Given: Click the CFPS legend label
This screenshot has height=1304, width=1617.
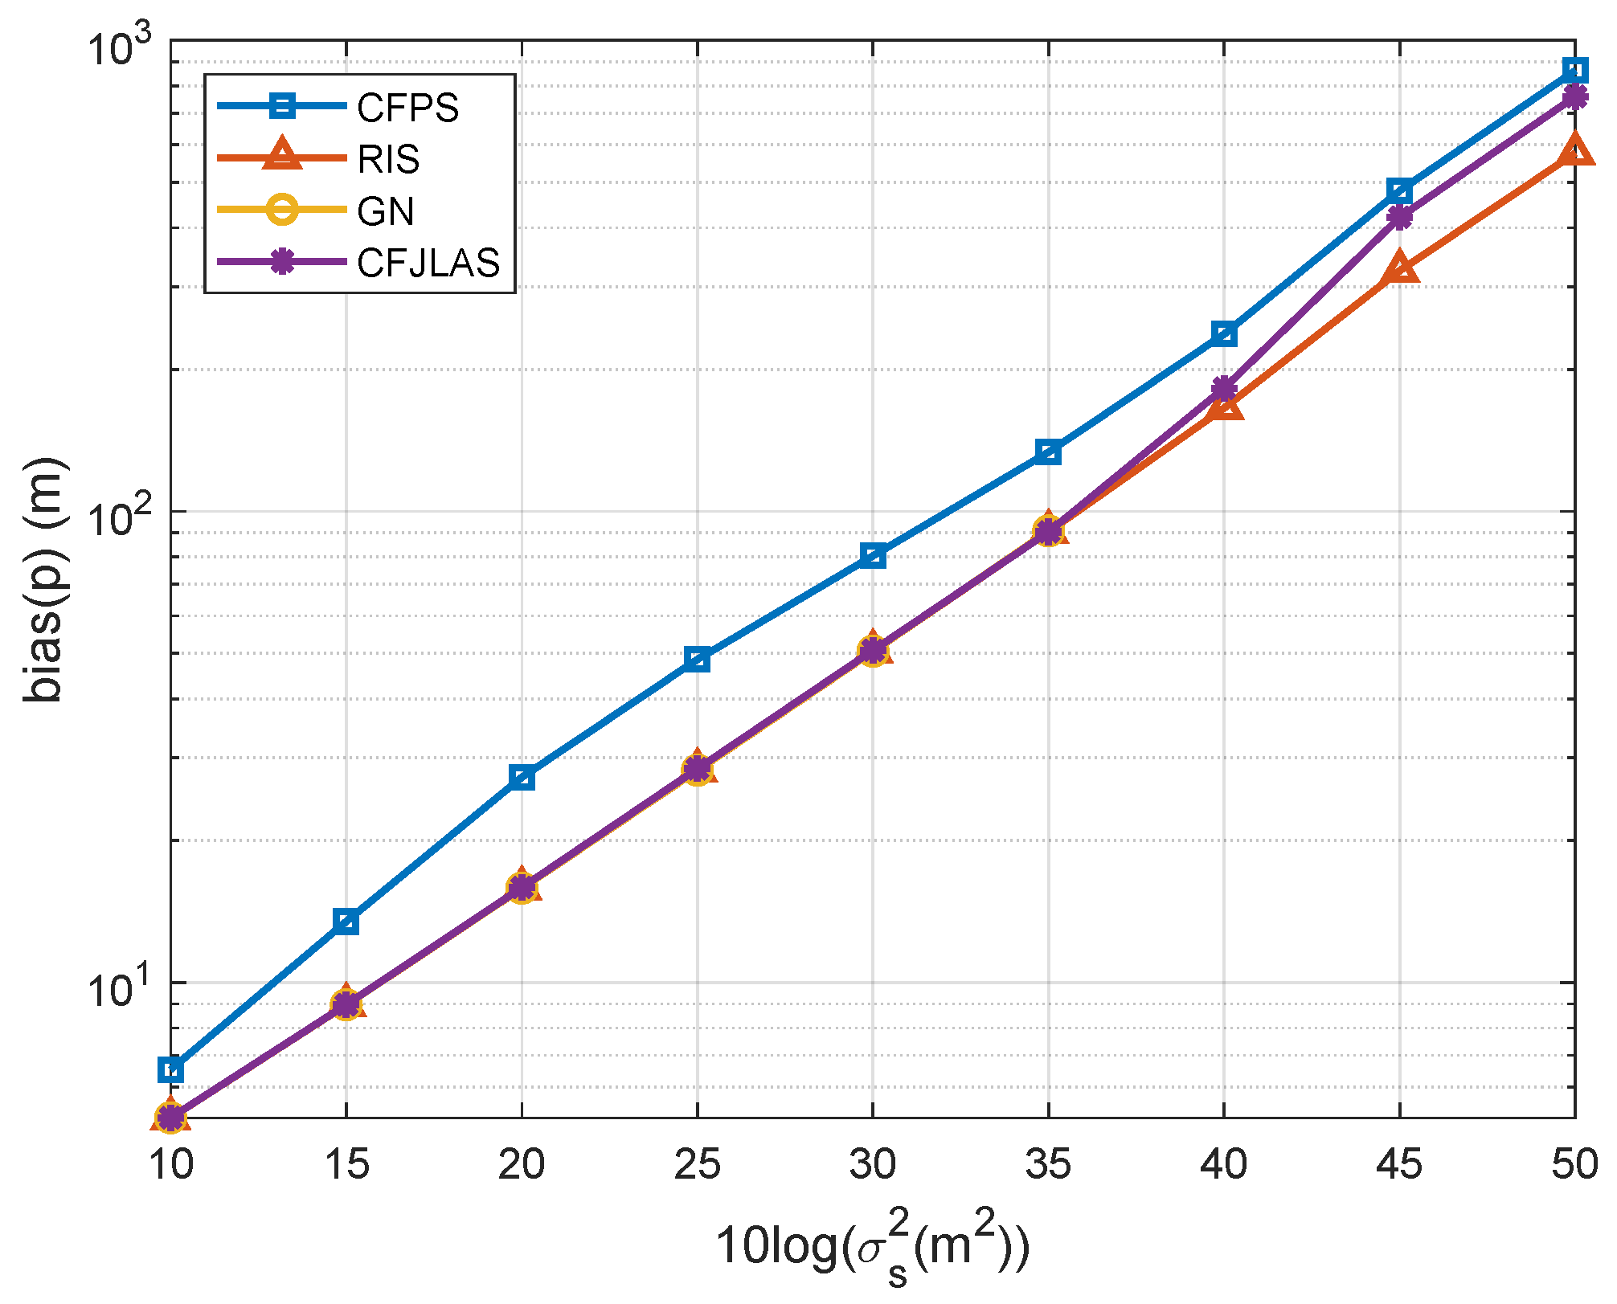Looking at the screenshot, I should [x=407, y=108].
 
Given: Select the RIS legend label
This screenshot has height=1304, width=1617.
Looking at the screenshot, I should [x=388, y=159].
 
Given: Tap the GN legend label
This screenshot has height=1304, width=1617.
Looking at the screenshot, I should [x=386, y=211].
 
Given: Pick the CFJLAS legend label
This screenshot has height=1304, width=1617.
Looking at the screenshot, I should [x=428, y=263].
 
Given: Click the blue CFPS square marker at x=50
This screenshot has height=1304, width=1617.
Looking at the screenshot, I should [x=1575, y=71].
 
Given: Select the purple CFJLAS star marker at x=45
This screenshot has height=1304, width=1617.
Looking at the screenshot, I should [x=1400, y=217].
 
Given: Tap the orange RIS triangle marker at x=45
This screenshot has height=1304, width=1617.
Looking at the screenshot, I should [x=1400, y=268].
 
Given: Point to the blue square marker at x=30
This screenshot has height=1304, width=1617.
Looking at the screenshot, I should [x=873, y=555].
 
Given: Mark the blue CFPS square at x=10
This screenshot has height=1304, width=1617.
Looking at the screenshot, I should [x=171, y=1070].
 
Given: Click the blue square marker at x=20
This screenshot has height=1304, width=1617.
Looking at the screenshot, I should [x=522, y=777].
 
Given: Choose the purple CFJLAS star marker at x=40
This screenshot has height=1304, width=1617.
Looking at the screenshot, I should [x=1224, y=390].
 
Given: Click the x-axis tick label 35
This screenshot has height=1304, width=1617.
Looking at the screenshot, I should [x=1048, y=1164].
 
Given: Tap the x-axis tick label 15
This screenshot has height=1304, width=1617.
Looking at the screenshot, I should [x=346, y=1164].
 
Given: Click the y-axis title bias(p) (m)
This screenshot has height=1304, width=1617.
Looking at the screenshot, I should [x=44, y=580].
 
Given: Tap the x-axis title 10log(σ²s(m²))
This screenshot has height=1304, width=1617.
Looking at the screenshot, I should [x=873, y=1248].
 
